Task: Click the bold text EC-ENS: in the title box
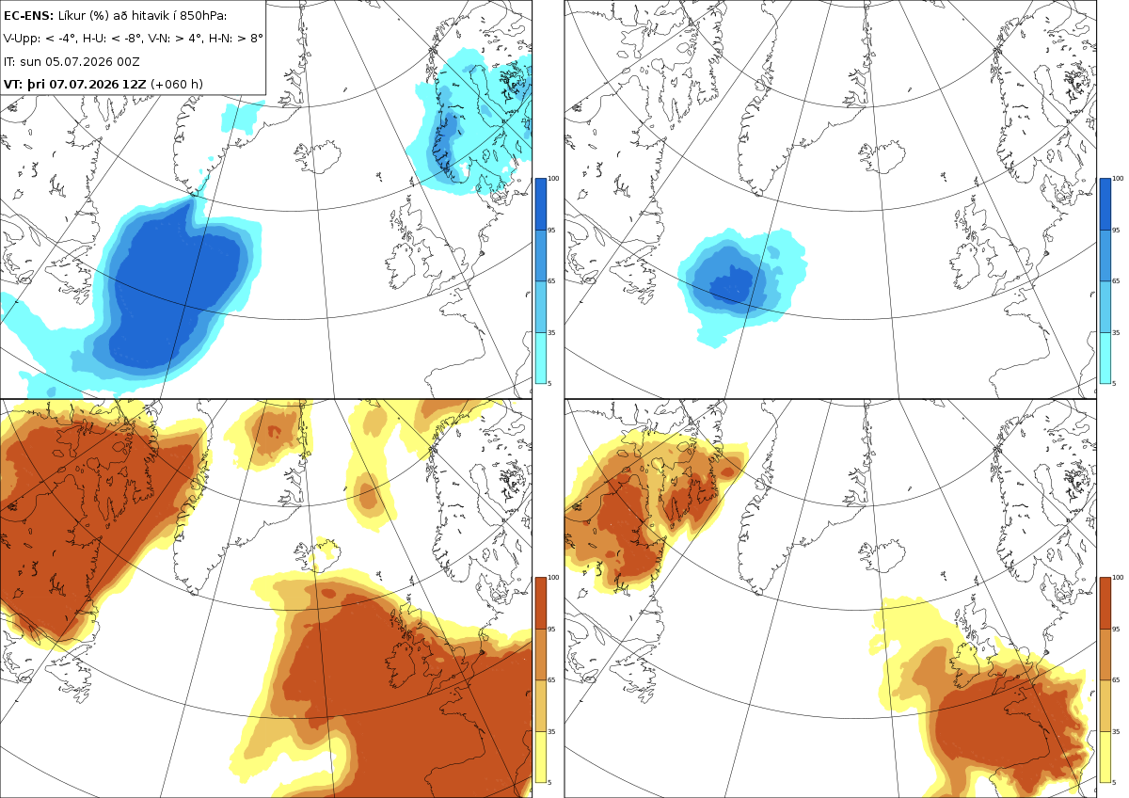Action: click(x=28, y=16)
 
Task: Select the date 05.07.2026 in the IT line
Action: click(x=78, y=61)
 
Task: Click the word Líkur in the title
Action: click(x=70, y=16)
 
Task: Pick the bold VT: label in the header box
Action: click(x=13, y=84)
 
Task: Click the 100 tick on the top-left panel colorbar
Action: click(x=553, y=179)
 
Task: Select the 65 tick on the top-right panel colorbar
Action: click(x=1116, y=280)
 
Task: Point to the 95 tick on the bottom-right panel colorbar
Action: click(x=1116, y=630)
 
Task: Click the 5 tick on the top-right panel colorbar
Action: click(x=1114, y=383)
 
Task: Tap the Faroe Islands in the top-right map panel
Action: click(x=942, y=176)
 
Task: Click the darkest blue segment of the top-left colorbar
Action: click(x=540, y=204)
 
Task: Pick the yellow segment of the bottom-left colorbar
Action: click(x=540, y=757)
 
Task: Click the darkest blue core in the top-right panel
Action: click(x=732, y=286)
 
